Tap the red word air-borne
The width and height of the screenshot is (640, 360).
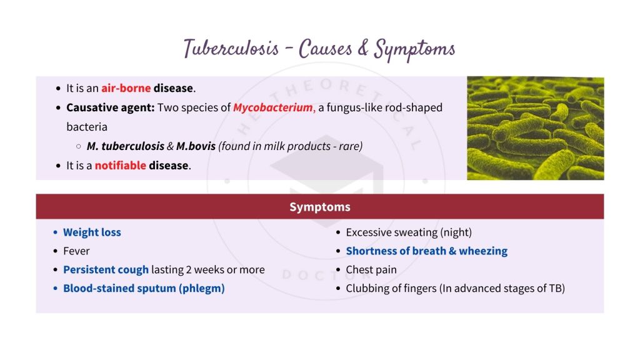tap(126, 88)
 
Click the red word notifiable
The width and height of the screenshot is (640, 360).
tap(120, 166)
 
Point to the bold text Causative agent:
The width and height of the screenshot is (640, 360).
tap(110, 107)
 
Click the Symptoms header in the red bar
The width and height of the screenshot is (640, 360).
tap(319, 207)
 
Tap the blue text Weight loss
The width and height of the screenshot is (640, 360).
tap(92, 232)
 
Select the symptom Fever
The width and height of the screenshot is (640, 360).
tap(76, 251)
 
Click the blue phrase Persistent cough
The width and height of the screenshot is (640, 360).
tap(106, 270)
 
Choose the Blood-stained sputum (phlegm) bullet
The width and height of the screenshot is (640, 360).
tap(144, 289)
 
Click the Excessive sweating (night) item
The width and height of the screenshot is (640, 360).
tap(408, 232)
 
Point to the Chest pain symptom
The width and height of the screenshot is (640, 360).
tap(371, 270)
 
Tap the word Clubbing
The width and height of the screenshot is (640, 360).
tap(367, 289)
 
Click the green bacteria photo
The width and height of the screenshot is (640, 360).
tap(535, 128)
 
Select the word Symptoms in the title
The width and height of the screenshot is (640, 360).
tap(414, 48)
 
